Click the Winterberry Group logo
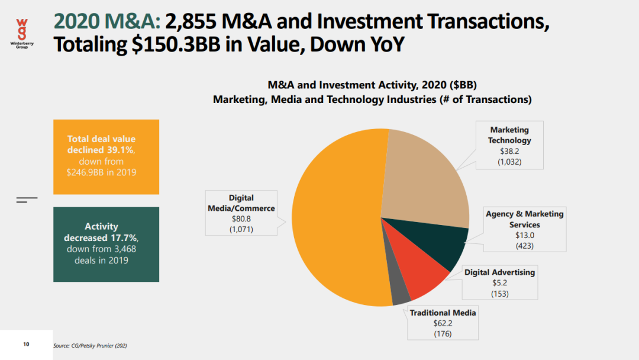[x=22, y=33]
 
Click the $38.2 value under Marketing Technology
[x=509, y=151]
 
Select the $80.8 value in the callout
[x=241, y=219]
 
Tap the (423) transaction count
[x=524, y=245]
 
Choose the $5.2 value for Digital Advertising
[x=499, y=283]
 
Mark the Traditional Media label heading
[x=443, y=313]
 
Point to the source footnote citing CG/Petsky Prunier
[x=90, y=345]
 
